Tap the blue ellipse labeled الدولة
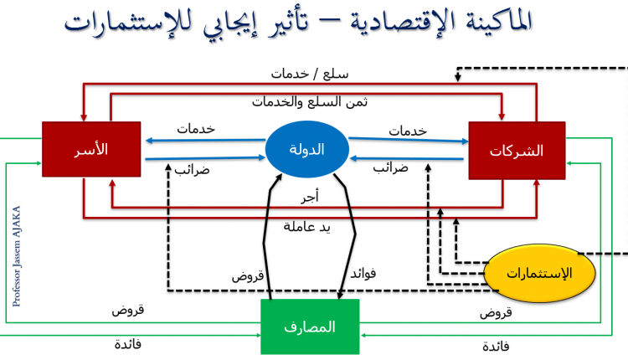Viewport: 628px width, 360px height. click(x=307, y=150)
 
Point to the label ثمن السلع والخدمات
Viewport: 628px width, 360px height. click(x=311, y=101)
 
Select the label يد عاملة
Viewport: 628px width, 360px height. click(x=307, y=226)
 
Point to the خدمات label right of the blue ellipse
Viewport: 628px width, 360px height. click(x=409, y=130)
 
